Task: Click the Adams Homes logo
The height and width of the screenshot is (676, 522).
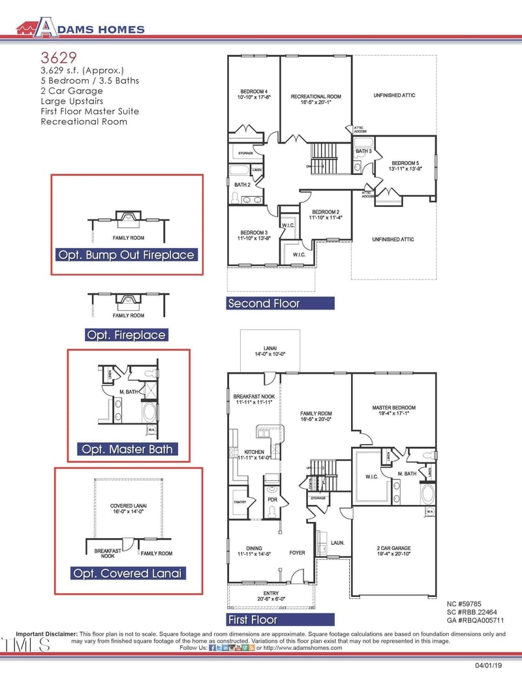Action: pos(80,27)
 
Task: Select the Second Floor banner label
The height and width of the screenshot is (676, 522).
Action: pos(264,303)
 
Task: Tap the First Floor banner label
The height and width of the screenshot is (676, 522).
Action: pos(253,619)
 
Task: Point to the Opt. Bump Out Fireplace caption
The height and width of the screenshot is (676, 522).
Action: pos(127,255)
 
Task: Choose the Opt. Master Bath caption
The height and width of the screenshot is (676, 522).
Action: pos(127,449)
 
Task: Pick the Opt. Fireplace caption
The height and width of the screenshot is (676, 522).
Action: pos(127,335)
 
